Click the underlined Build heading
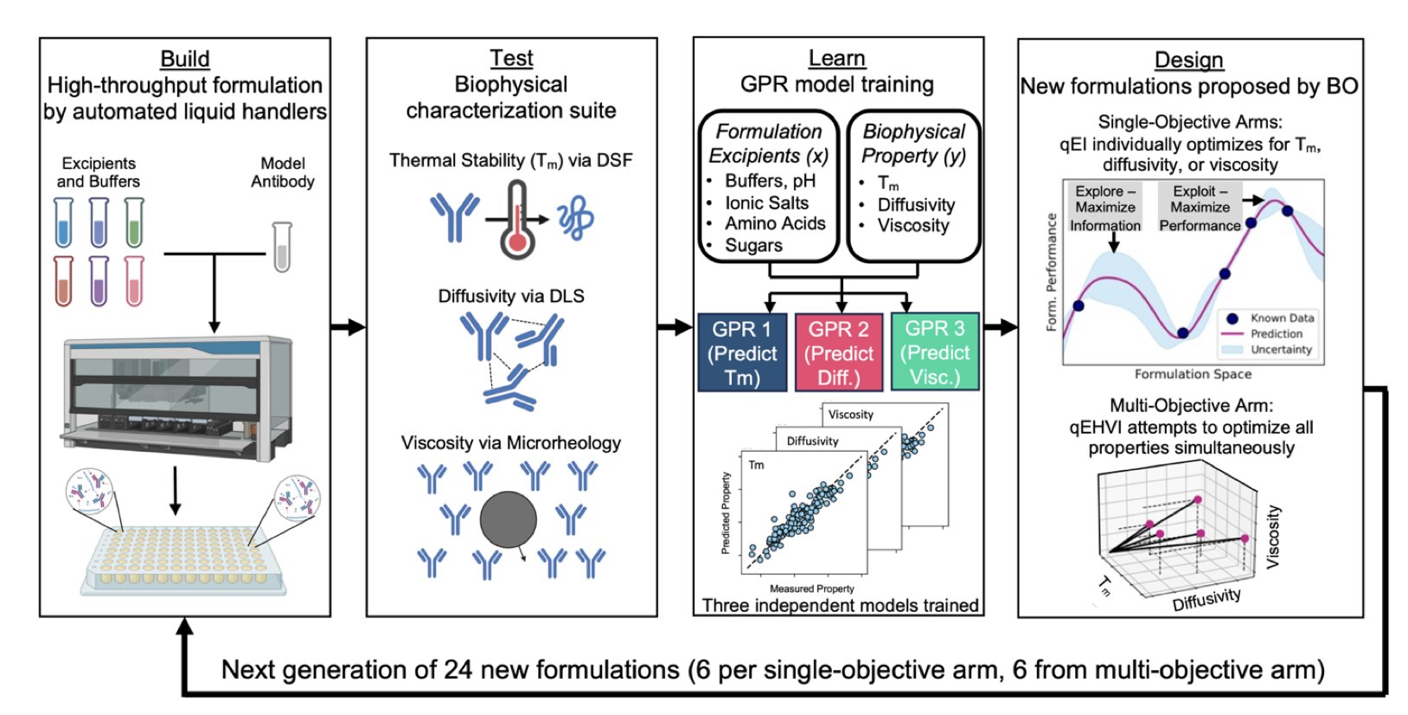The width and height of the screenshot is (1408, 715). click(x=185, y=59)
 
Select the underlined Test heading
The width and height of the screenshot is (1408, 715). click(x=511, y=58)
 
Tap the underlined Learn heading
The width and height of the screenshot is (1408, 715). click(x=836, y=58)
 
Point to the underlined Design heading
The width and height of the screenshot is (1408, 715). click(x=1189, y=60)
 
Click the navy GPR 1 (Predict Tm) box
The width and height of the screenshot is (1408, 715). click(x=742, y=352)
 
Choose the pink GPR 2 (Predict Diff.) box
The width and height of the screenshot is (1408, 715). click(x=839, y=352)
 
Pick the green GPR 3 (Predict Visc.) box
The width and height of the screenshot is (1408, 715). click(x=935, y=352)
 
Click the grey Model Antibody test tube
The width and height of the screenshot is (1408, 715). click(x=282, y=247)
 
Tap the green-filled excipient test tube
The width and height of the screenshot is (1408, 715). click(x=134, y=222)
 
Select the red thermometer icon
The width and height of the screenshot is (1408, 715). click(x=517, y=221)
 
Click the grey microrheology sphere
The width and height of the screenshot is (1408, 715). click(x=509, y=520)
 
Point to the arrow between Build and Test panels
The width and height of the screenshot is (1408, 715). click(x=348, y=327)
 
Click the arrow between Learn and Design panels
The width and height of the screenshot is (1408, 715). click(x=1001, y=327)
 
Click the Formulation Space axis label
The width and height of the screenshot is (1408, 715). click(x=1193, y=374)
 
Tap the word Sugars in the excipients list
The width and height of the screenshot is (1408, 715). click(x=753, y=246)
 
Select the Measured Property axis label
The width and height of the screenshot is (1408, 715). click(x=811, y=589)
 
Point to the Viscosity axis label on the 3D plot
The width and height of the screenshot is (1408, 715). click(x=1273, y=537)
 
